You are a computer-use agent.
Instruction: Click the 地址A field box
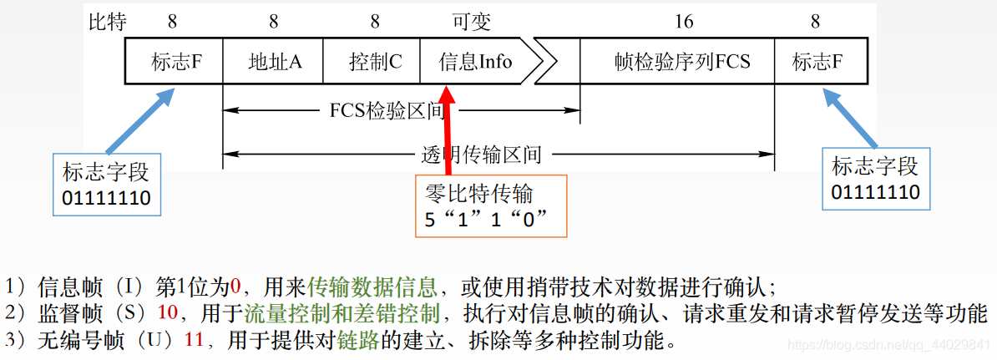coord(273,62)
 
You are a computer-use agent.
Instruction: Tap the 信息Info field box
coord(473,62)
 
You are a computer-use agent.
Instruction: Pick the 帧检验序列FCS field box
coord(677,62)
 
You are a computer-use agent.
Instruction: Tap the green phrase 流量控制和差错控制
coord(342,315)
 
